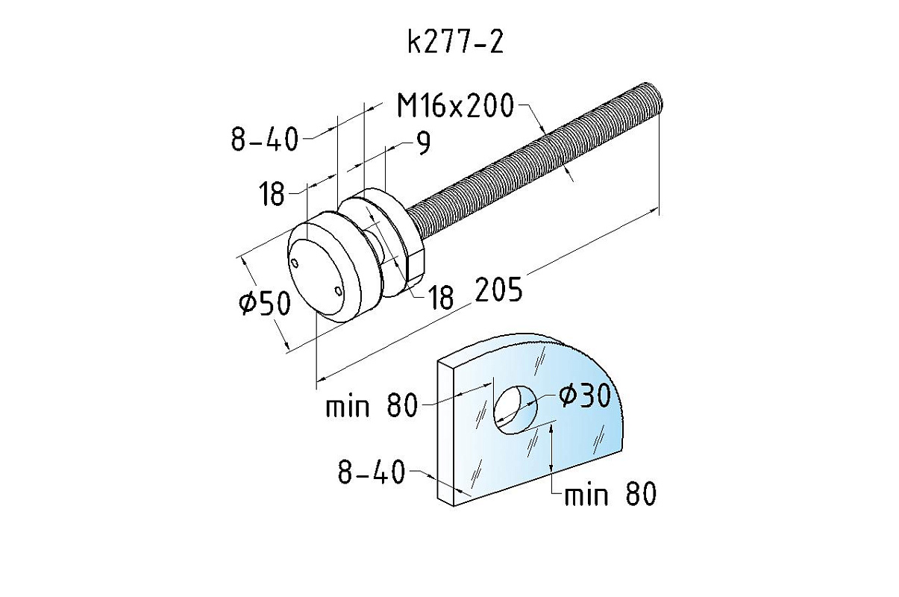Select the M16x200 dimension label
[456, 105]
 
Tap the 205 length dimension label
[499, 289]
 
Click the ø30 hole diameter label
[585, 395]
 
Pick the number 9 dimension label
[422, 143]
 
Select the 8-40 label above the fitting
[266, 139]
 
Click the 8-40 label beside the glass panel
[372, 472]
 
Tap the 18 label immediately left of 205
[441, 298]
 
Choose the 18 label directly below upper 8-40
[272, 193]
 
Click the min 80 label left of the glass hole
[372, 405]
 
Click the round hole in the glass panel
[516, 410]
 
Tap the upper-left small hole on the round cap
[295, 263]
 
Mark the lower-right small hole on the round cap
[339, 291]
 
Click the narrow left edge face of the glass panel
[446, 433]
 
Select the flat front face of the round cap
[316, 276]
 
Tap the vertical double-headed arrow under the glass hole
[552, 448]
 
